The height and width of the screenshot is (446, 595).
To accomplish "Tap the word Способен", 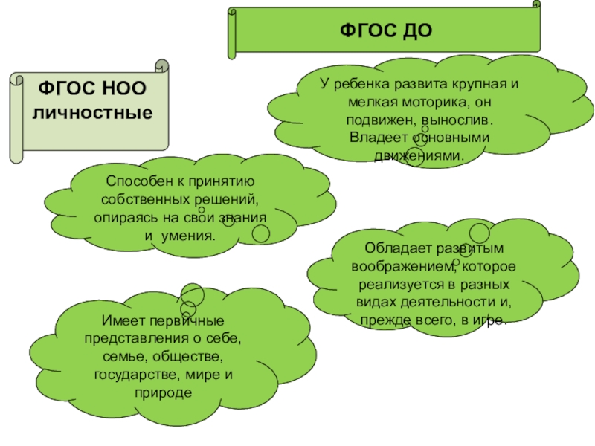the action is coord(137,183).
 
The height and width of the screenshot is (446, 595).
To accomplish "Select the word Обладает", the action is coord(393,249).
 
